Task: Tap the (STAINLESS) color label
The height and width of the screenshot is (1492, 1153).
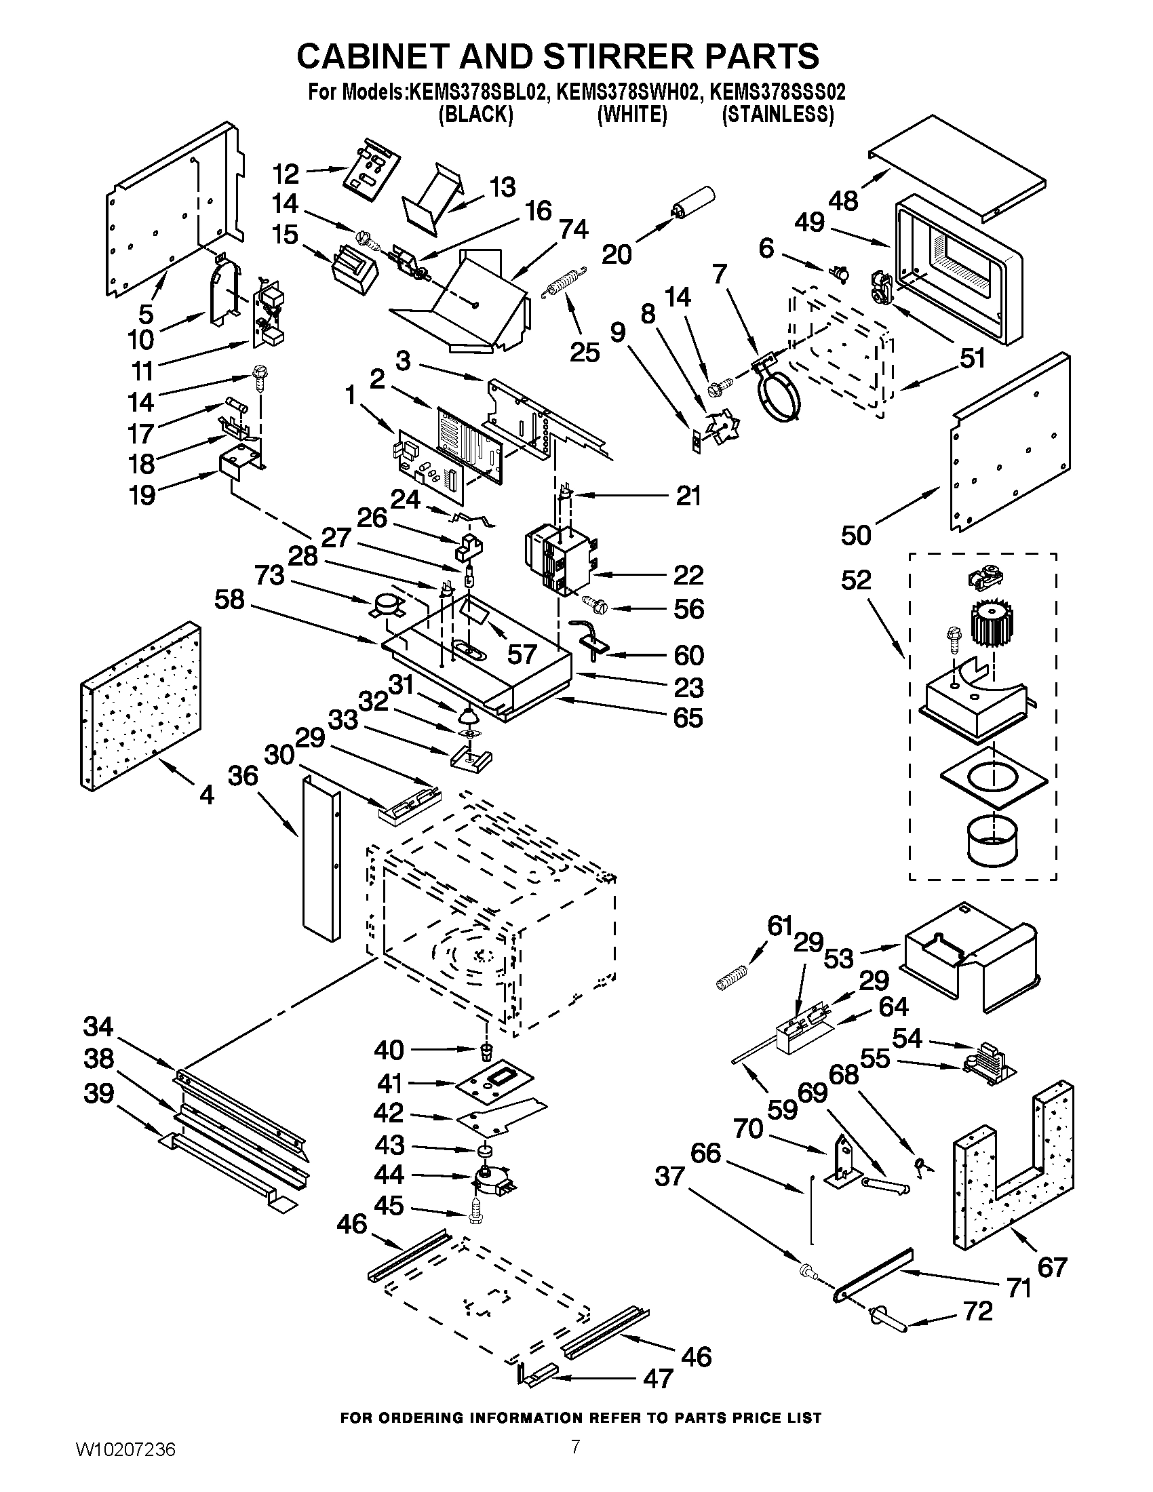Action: click(x=778, y=115)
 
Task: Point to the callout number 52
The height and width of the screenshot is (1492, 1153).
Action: click(x=856, y=580)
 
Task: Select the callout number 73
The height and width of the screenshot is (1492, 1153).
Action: click(x=269, y=575)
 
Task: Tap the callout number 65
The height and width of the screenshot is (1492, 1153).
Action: click(x=688, y=718)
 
